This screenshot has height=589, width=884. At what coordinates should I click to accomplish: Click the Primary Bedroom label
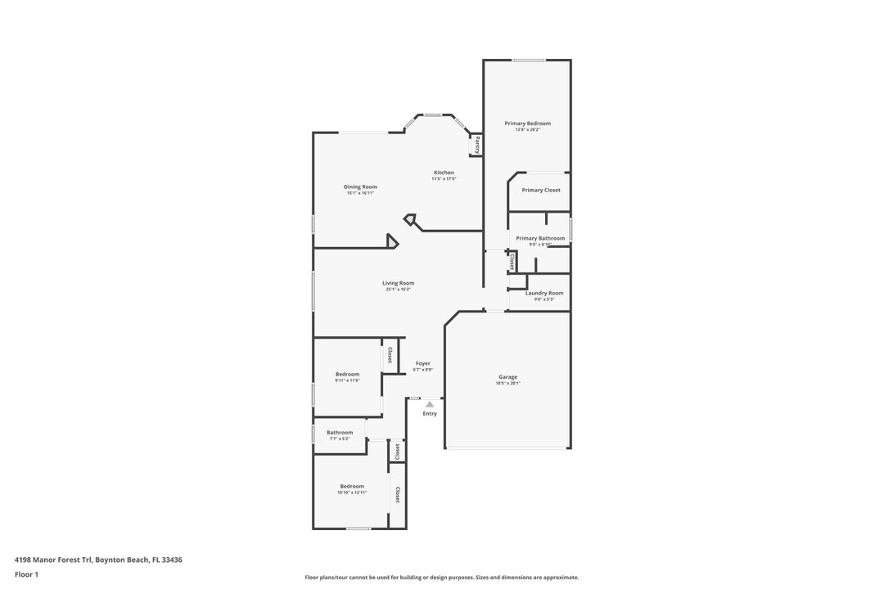(x=527, y=124)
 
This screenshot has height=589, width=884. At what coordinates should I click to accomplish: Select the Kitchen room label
(x=444, y=173)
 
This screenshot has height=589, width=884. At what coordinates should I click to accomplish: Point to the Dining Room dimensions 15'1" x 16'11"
(x=360, y=193)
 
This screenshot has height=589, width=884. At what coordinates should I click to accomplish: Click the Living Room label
(x=398, y=283)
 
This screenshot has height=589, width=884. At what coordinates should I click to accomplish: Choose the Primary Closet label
(x=541, y=190)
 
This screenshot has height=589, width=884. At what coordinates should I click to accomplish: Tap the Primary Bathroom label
(x=540, y=238)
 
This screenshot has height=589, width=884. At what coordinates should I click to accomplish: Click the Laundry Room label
(x=544, y=293)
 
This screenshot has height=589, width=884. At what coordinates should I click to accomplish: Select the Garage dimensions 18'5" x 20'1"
(x=507, y=383)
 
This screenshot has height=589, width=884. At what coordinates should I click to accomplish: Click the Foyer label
(x=423, y=363)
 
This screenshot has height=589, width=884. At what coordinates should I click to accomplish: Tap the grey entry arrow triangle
(x=430, y=403)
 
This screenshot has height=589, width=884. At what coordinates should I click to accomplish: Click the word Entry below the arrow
(x=430, y=413)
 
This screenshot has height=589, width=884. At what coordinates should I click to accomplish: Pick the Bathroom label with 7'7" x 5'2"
(x=340, y=433)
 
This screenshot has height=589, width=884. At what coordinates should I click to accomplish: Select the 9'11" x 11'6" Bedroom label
(x=347, y=374)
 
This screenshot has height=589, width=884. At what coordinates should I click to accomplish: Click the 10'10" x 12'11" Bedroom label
(x=352, y=486)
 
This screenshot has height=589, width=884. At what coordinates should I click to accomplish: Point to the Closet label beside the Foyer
(x=390, y=355)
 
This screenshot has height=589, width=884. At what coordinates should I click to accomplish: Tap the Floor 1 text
(x=26, y=574)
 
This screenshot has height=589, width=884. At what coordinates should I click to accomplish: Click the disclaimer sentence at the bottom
(x=441, y=577)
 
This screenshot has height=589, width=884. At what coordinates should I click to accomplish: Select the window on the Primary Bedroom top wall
(x=530, y=60)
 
